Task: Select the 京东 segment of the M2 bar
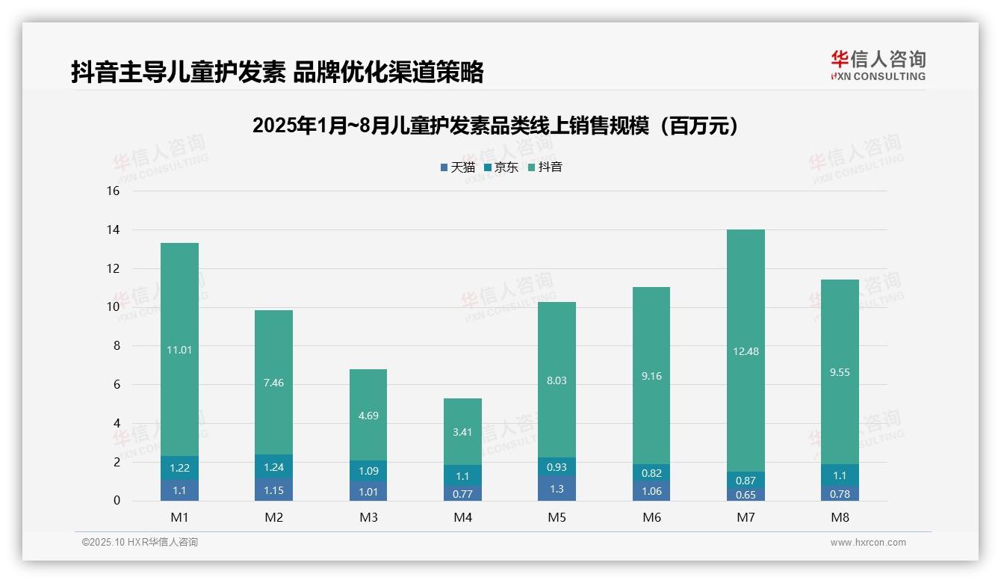tap(274, 466)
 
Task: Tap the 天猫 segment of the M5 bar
tap(557, 488)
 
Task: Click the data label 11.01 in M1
tap(179, 349)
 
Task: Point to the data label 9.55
tap(840, 372)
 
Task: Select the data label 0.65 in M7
tap(746, 494)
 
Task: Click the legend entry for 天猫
tap(458, 167)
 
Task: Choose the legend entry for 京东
tap(501, 167)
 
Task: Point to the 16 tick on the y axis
tap(113, 191)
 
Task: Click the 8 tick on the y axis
tap(116, 346)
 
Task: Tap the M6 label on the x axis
tap(651, 517)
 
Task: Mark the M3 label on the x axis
tap(368, 517)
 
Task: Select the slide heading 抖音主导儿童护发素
tap(277, 72)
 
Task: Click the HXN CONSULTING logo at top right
tap(878, 65)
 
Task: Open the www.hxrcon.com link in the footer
tap(868, 543)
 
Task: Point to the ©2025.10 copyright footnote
tap(140, 543)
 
